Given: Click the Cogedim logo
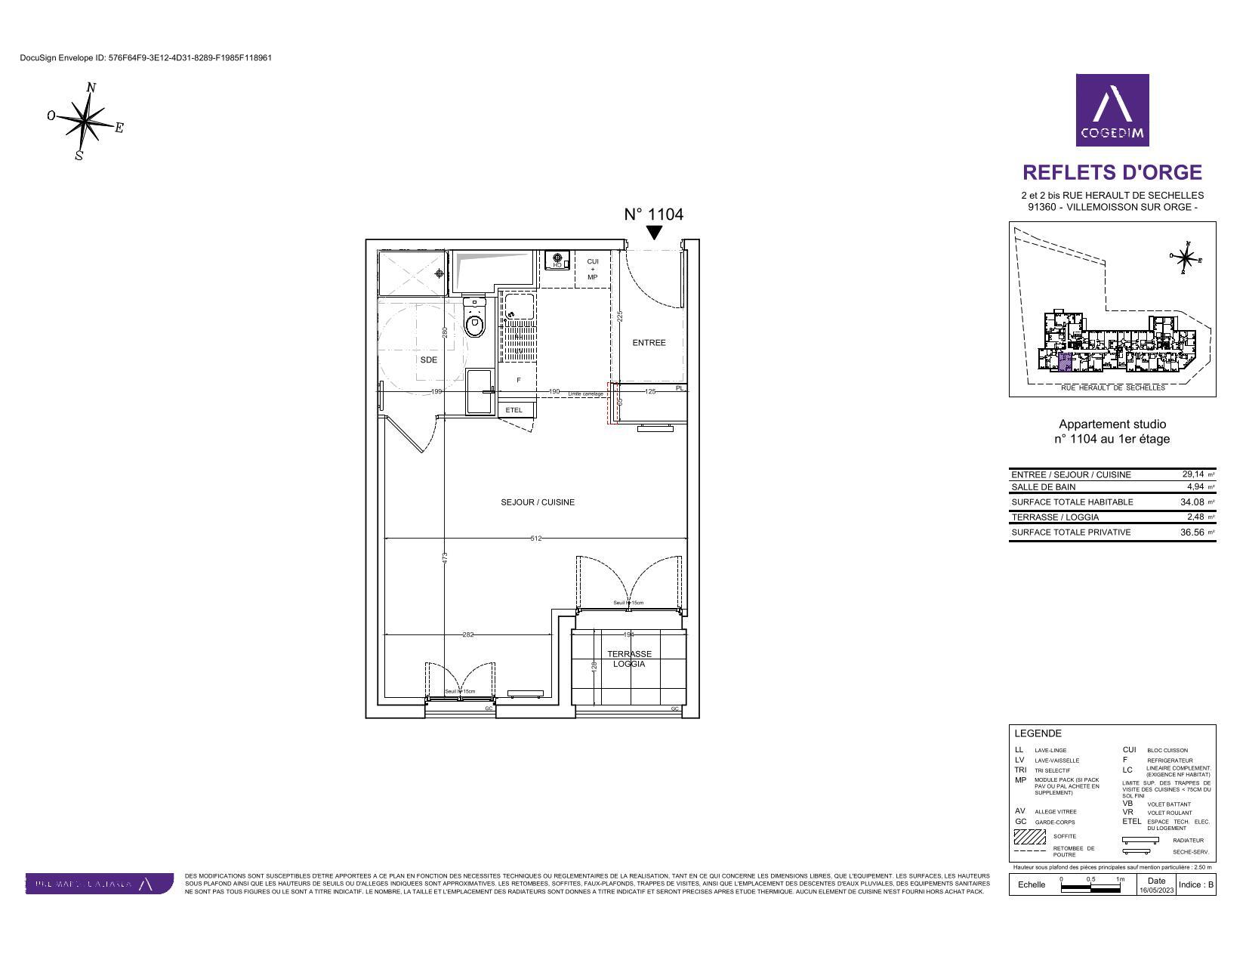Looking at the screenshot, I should tap(1112, 110).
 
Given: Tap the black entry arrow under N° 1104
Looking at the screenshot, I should tap(654, 233).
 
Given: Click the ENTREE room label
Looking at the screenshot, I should tap(649, 343).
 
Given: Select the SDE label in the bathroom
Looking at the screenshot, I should tap(428, 360).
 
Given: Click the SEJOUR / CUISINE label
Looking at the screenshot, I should tap(537, 502).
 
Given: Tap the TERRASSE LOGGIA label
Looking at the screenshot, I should tap(629, 659).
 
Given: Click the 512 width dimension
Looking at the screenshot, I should tap(536, 539).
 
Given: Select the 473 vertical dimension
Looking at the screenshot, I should tap(445, 557).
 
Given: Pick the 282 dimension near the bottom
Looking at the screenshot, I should tap(468, 634).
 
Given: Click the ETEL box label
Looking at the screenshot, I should tap(514, 410).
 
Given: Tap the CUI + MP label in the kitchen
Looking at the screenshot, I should tap(592, 269).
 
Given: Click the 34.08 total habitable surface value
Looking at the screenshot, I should tap(1192, 502).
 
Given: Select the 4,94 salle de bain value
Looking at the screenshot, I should tap(1194, 487).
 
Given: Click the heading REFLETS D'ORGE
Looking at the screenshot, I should tap(1112, 173).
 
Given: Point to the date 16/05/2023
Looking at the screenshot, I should tap(1156, 890).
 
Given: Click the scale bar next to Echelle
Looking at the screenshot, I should tap(1090, 888).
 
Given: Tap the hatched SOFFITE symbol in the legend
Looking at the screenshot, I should tap(1029, 837).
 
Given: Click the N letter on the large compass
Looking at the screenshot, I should tap(91, 88).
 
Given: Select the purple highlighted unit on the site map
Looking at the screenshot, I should tap(1063, 363).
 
